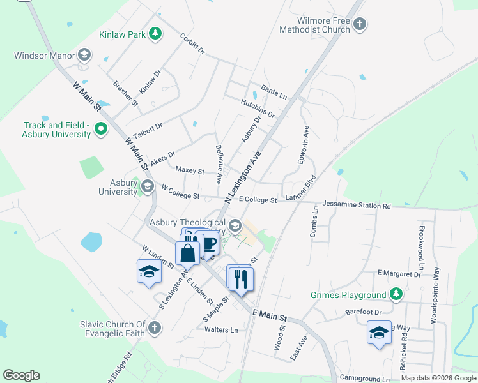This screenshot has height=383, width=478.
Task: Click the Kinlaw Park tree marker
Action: tap(155, 33)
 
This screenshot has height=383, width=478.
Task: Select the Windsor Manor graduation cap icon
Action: tap(84, 56)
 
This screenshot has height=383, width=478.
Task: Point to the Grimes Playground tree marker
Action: tap(397, 294)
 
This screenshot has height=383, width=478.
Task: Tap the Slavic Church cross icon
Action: tap(154, 329)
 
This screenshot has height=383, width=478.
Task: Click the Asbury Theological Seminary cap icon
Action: tap(236, 225)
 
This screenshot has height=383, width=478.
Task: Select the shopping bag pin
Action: tap(188, 253)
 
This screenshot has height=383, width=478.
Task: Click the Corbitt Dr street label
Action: tap(192, 43)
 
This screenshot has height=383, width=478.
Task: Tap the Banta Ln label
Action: tap(274, 91)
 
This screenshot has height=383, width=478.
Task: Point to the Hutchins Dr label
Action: tap(258, 109)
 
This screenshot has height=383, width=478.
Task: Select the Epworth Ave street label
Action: tap(304, 145)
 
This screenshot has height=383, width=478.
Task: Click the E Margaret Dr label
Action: tap(399, 274)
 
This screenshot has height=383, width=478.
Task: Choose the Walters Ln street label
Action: tap(221, 330)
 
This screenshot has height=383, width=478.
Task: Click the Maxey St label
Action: tap(190, 171)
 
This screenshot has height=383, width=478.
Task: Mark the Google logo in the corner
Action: tap(21, 375)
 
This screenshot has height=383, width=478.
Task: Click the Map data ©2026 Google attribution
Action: tap(438, 378)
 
